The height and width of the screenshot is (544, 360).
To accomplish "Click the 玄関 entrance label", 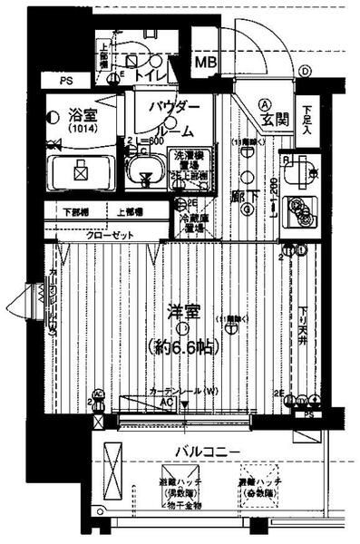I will [x=275, y=118].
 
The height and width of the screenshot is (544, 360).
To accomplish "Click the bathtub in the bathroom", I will [x=81, y=170].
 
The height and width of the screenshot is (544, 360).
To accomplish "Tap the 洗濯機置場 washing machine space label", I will [x=190, y=160].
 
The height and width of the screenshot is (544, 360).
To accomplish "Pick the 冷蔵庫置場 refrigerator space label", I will [x=192, y=223].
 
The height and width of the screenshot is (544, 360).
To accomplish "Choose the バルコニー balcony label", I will [x=209, y=451].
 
